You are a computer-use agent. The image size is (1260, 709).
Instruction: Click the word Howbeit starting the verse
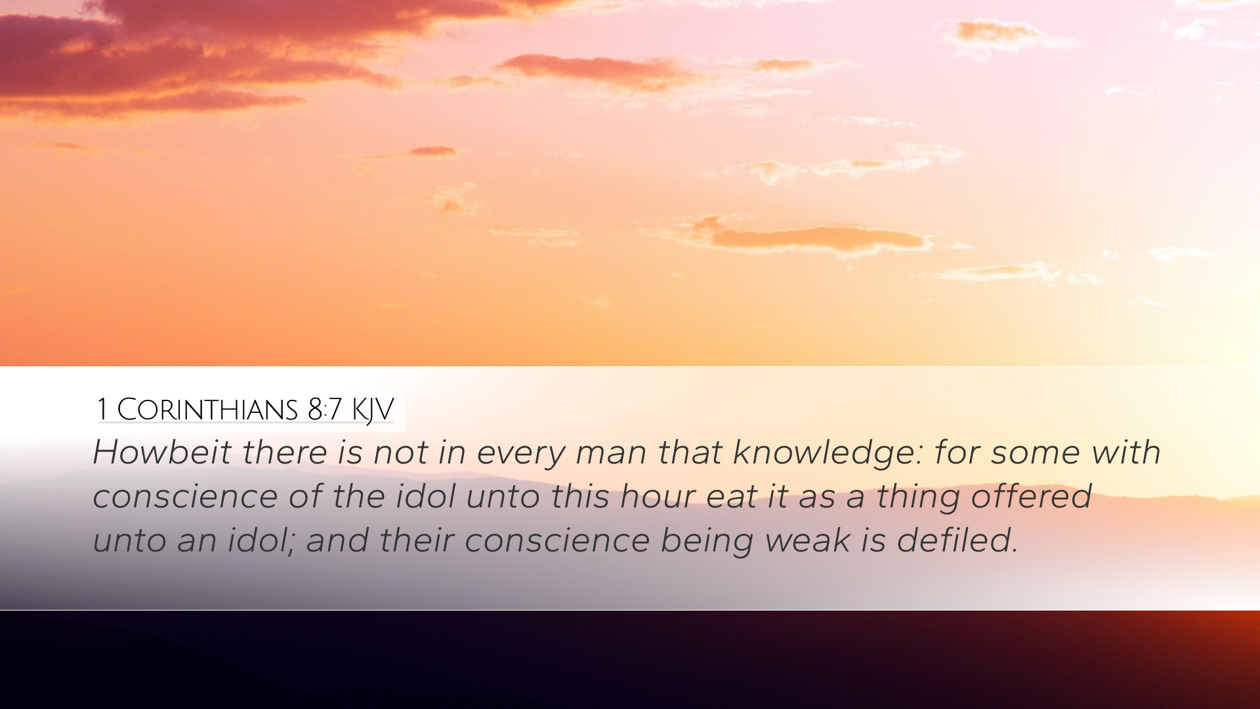click(x=162, y=452)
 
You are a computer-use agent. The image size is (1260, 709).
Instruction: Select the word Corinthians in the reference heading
click(x=207, y=410)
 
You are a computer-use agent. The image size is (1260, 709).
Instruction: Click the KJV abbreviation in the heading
click(x=372, y=410)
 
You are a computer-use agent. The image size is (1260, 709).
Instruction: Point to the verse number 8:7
click(x=324, y=410)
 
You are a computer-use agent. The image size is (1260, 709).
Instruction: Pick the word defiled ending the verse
click(x=957, y=540)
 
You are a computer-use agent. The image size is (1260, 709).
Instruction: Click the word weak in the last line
click(x=808, y=540)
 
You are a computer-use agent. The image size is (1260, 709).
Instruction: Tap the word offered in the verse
click(x=1031, y=496)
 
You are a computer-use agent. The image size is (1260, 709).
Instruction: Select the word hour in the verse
click(x=658, y=496)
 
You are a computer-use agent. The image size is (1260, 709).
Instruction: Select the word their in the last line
click(x=417, y=540)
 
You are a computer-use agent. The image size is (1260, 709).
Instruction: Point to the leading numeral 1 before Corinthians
click(x=102, y=410)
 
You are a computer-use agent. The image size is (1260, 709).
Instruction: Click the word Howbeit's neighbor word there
click(x=285, y=452)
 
